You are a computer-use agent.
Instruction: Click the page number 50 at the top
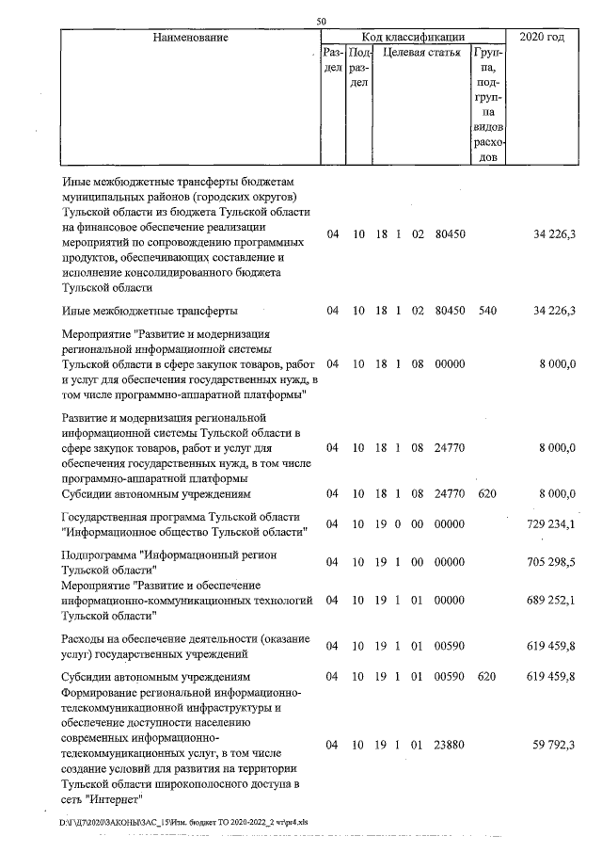(322, 22)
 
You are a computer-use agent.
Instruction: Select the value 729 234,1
(549, 524)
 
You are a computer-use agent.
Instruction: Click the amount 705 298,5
(549, 562)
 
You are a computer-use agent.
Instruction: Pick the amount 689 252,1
(549, 599)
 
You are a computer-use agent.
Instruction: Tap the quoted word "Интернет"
(113, 799)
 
